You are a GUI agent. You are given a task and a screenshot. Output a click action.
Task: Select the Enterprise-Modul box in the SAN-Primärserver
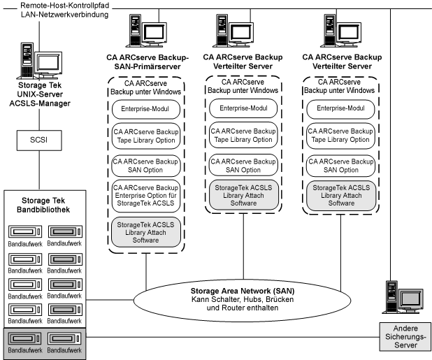pos(146,110)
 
